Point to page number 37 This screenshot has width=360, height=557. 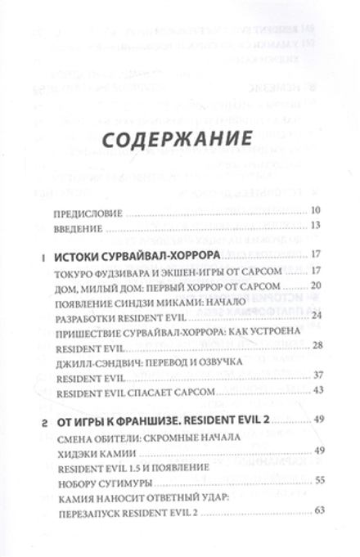(x=317, y=375)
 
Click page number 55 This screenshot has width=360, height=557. (x=317, y=481)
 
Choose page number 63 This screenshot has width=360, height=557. (x=317, y=511)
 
